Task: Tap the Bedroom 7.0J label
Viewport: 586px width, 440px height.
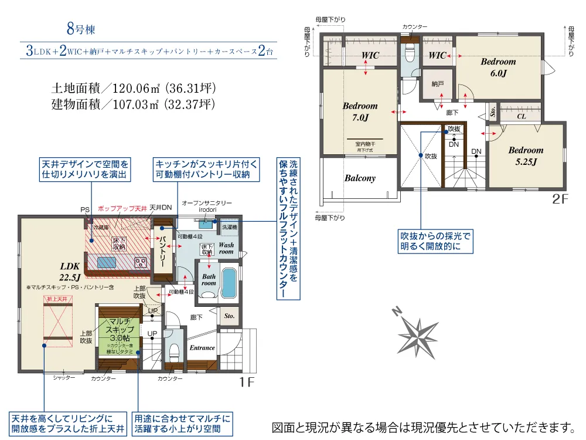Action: (360, 111)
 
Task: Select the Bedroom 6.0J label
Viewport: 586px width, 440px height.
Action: (498, 67)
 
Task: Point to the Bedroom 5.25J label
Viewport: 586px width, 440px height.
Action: (526, 155)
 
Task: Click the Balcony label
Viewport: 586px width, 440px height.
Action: (360, 178)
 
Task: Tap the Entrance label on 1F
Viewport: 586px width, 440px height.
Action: (202, 348)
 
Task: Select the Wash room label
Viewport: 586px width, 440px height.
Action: (226, 248)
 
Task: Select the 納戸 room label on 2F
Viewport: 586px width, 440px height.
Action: (437, 84)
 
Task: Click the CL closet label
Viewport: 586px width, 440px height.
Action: (521, 116)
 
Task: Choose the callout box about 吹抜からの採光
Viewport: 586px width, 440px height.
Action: (435, 241)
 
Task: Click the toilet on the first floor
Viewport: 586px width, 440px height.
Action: (174, 351)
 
